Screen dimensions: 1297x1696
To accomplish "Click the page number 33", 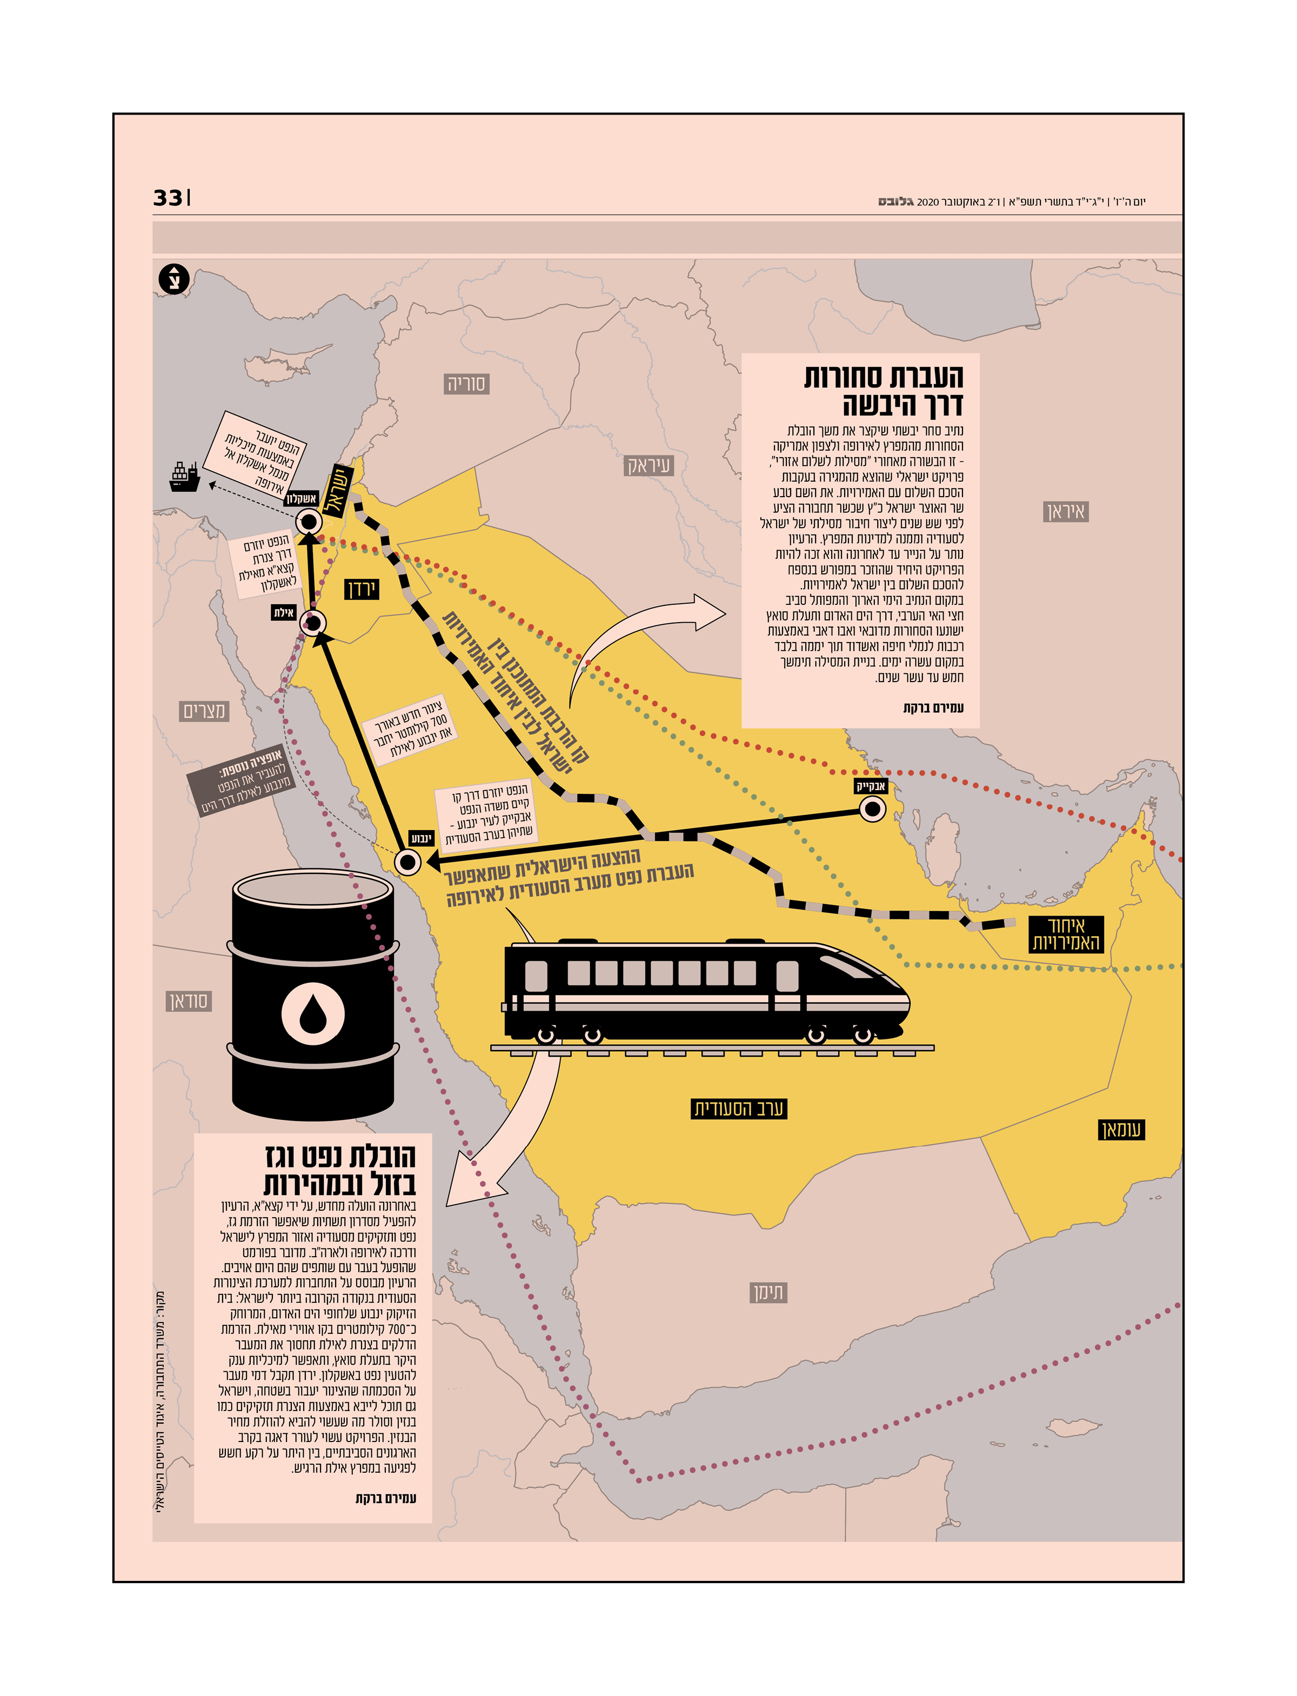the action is coord(168,198).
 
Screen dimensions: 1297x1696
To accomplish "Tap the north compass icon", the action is coord(173,279).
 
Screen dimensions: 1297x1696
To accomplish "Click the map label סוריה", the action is coord(466,384).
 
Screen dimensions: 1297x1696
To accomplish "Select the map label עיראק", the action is coord(648,465).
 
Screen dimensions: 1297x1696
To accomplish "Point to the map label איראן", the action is coord(1065,512).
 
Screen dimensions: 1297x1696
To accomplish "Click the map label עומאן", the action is coord(1121,1130).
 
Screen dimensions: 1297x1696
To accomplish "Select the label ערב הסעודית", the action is coord(738,1109).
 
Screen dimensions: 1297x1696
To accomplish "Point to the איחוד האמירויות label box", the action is coord(1065,934).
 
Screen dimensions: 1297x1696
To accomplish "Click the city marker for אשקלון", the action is coord(309,521).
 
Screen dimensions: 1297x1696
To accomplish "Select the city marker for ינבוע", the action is coord(407,862).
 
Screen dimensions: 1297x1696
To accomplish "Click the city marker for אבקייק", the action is coord(872,809).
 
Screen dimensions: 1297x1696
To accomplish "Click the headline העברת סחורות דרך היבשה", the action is coord(884,391).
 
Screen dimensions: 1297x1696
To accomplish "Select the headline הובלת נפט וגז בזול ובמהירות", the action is coord(340,1170).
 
